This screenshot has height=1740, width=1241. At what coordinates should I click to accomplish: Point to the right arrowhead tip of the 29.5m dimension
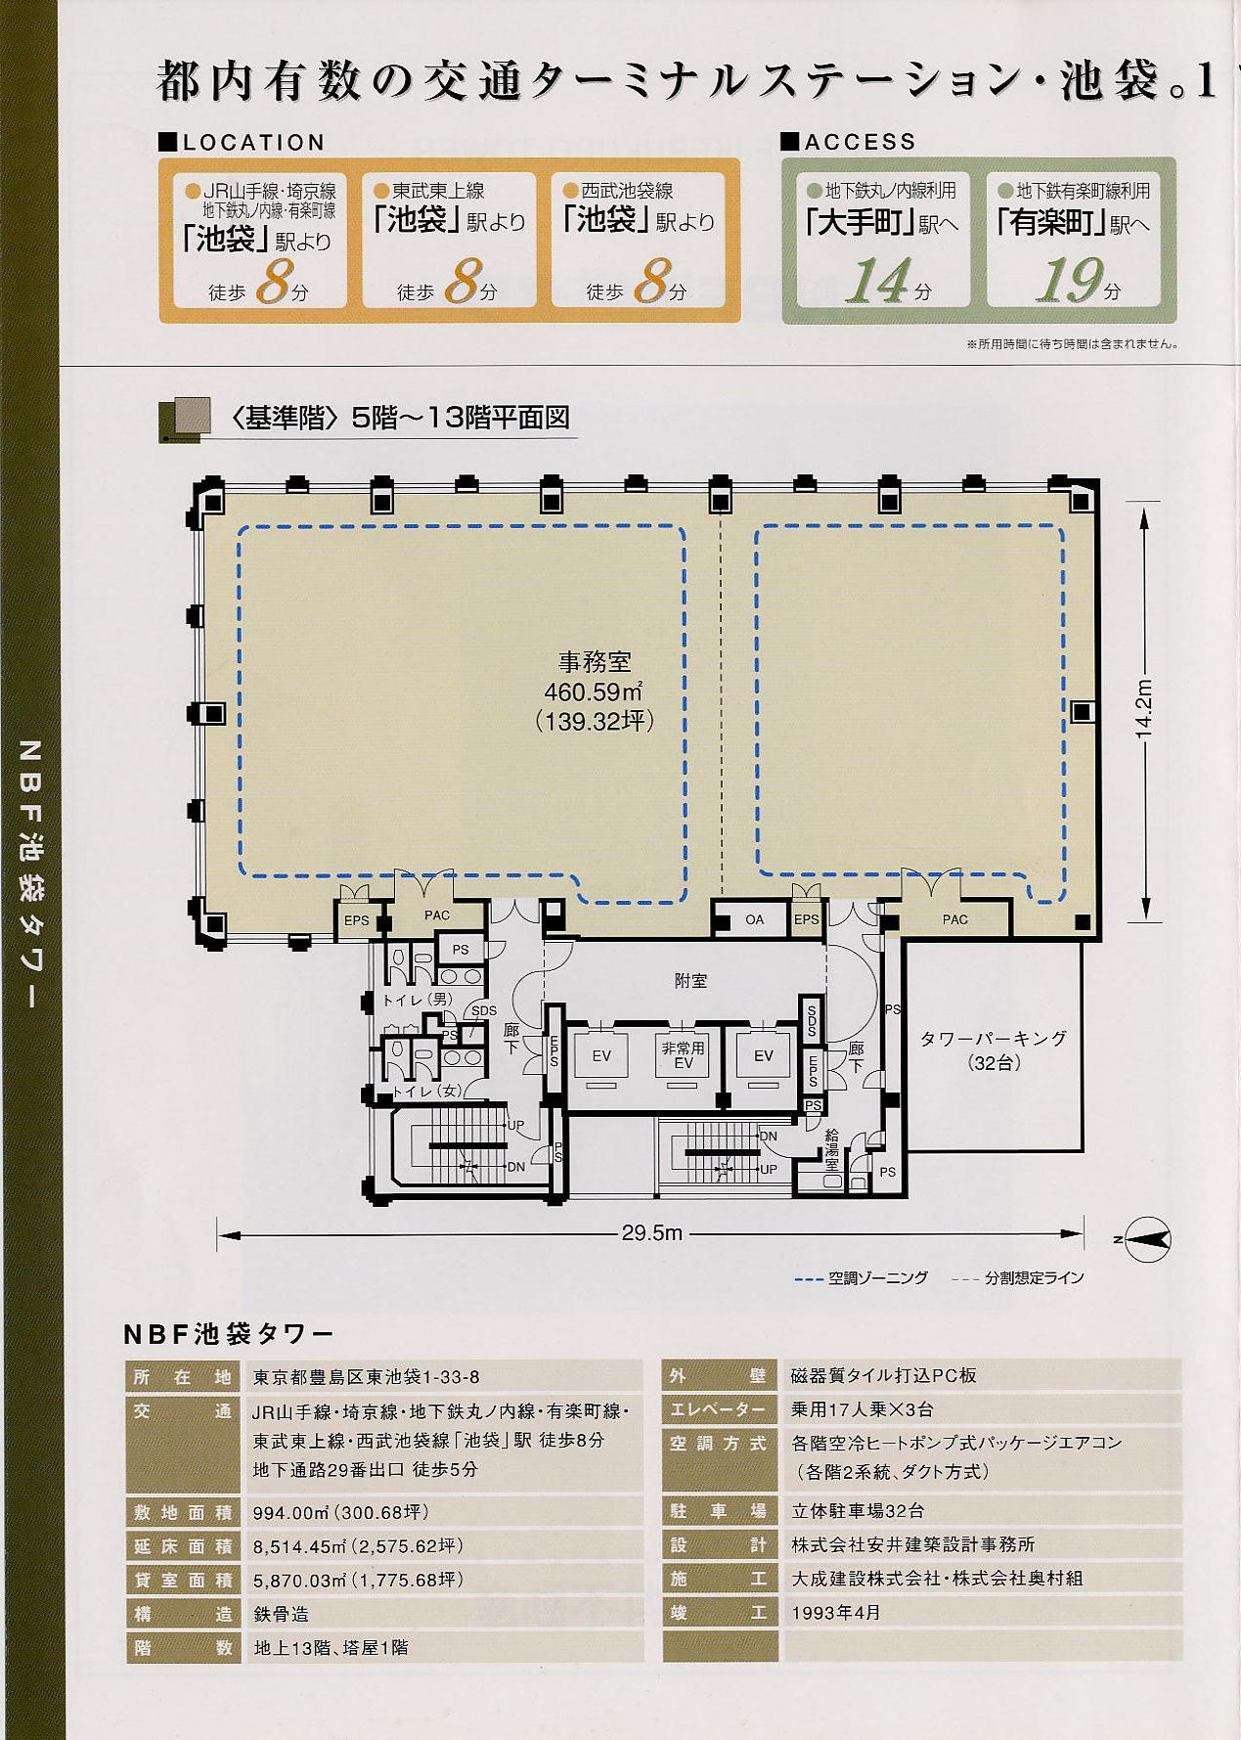(1084, 1234)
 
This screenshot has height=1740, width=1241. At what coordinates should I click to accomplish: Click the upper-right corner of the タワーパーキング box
(1083, 941)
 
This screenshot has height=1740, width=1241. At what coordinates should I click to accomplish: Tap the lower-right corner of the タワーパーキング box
(1083, 1149)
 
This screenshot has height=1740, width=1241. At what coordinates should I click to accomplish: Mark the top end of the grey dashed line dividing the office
(721, 513)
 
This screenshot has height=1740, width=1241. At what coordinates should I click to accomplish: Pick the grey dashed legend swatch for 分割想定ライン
(965, 1278)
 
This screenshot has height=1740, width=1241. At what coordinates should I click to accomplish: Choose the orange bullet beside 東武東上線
(381, 191)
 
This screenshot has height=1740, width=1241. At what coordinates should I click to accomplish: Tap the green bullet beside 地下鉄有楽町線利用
(1005, 191)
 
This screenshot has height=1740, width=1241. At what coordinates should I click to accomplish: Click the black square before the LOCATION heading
(167, 143)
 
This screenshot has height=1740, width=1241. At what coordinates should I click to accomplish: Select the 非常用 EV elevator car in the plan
(683, 1055)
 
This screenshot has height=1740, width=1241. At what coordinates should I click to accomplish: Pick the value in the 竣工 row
(836, 1613)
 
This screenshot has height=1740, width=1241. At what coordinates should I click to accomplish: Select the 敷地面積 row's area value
(341, 1512)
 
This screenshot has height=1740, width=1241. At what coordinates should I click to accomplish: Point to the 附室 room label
(690, 980)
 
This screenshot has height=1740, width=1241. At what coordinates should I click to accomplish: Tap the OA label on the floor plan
(754, 919)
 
